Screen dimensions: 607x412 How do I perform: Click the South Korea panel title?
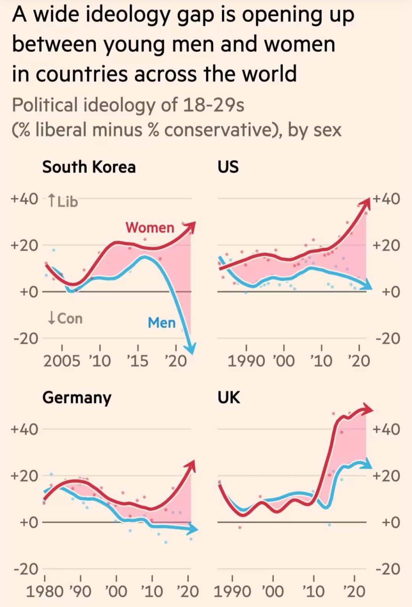(x=89, y=167)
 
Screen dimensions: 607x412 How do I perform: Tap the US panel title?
(x=228, y=167)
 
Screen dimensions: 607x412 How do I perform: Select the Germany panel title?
(x=77, y=398)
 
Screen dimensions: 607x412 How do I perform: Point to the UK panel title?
(x=229, y=398)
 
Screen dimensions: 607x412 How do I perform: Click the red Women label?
(x=150, y=227)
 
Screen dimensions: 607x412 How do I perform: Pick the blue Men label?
(x=161, y=323)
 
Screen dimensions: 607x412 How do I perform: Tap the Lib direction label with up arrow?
(x=63, y=201)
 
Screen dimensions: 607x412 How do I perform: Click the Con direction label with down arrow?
(x=65, y=318)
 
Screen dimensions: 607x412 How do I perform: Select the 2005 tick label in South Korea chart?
(x=62, y=361)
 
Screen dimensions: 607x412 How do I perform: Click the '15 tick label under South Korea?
(x=137, y=361)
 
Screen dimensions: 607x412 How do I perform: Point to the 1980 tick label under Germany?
(x=44, y=591)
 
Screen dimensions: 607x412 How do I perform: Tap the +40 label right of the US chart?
(x=386, y=199)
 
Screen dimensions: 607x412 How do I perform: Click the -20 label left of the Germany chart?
(x=26, y=569)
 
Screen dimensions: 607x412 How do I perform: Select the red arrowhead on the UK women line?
(x=368, y=409)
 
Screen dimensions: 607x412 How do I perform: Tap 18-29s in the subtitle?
(x=213, y=105)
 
